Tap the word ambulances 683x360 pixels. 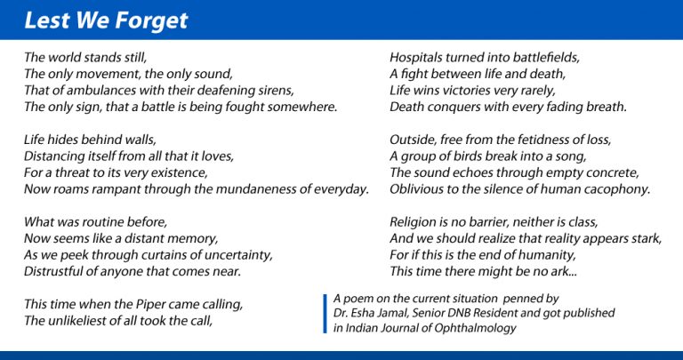click(x=97, y=91)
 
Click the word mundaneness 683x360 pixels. click(x=252, y=189)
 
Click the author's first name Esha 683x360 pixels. click(x=361, y=313)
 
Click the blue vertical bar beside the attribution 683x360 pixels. click(x=325, y=314)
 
